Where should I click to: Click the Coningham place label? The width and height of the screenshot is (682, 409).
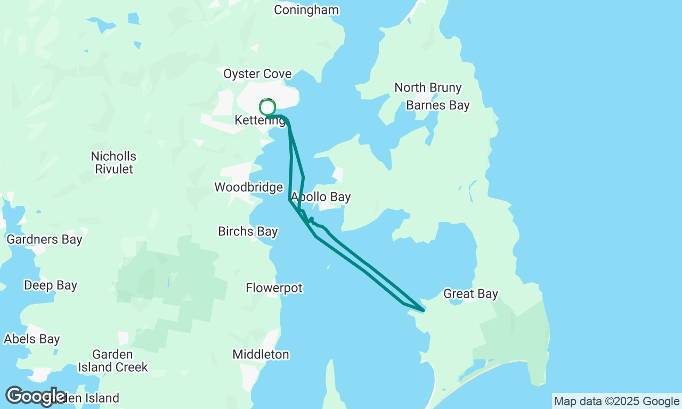[x=306, y=10]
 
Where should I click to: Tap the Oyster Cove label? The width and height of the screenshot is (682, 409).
[x=257, y=74]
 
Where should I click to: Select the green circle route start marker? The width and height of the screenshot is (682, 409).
[x=267, y=107]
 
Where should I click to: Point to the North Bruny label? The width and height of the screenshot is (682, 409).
[x=428, y=88]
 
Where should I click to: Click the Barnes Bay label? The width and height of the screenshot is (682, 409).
[x=438, y=105]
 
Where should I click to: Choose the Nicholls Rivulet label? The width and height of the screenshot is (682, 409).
[x=113, y=163]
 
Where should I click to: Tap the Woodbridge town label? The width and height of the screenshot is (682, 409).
[x=248, y=187]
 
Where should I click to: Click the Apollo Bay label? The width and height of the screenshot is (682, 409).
[x=321, y=197]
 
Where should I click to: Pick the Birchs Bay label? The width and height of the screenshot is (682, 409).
[x=248, y=232]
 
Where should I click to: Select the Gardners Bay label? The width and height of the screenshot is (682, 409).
[x=44, y=240]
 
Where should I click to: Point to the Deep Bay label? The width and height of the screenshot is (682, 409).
[x=51, y=286]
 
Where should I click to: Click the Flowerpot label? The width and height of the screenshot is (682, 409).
[x=274, y=288]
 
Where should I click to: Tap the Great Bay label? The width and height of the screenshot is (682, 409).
[x=470, y=294]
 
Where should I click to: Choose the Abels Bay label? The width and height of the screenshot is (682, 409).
[x=32, y=339]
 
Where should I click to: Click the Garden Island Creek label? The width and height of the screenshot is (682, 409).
[x=112, y=361]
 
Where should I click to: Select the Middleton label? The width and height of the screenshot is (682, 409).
[x=261, y=355]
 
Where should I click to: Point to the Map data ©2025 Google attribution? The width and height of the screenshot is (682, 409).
[x=616, y=402]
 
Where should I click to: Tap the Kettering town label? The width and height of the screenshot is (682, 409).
[x=259, y=121]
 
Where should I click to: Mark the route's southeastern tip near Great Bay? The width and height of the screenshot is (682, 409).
[x=424, y=310]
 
